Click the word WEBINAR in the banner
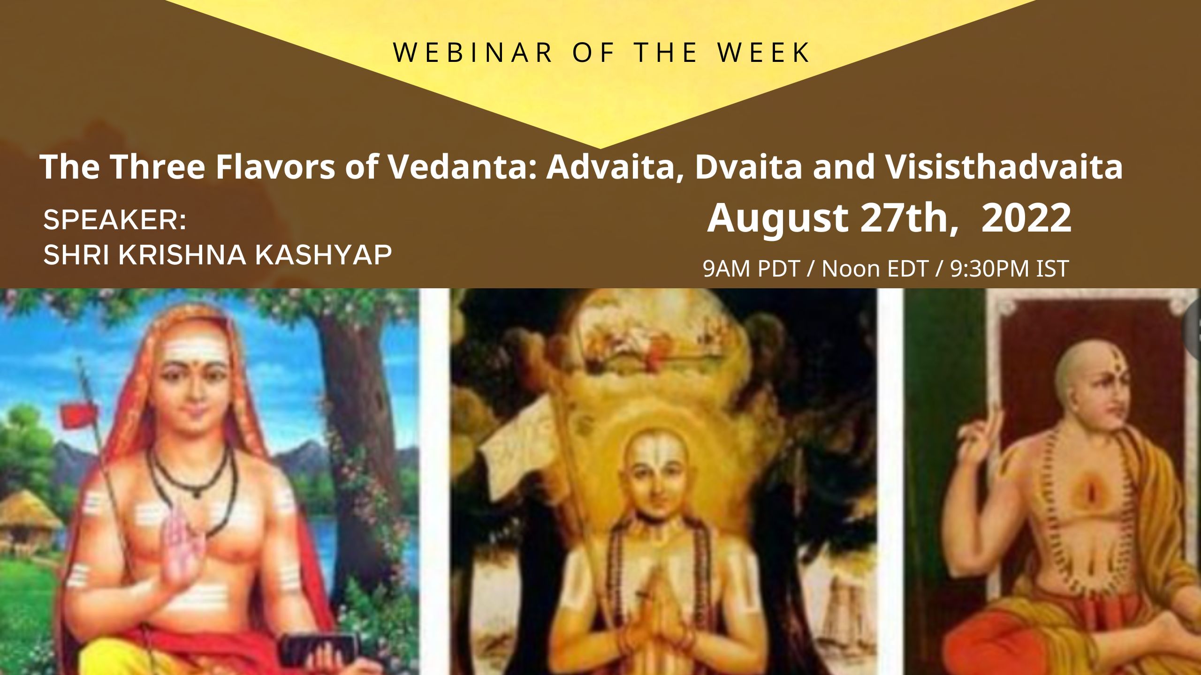point(473,52)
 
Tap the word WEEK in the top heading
point(764,52)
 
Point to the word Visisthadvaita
point(1004,167)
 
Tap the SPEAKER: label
point(115,220)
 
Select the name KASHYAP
point(323,255)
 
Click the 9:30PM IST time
point(1009,269)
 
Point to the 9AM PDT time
point(751,269)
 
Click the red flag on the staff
point(75,413)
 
